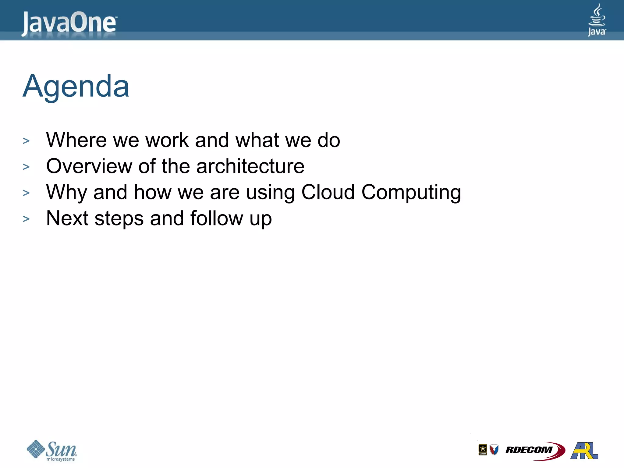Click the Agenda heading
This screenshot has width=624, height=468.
(x=76, y=87)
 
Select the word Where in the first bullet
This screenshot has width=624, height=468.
(x=76, y=140)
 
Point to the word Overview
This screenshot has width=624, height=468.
(x=89, y=166)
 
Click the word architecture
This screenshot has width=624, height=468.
(x=250, y=166)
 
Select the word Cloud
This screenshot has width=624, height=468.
(x=328, y=193)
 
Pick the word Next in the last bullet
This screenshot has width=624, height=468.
(x=67, y=218)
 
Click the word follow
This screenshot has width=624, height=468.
(x=217, y=218)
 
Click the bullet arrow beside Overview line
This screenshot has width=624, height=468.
(x=26, y=167)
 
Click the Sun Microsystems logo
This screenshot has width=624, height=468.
(x=52, y=450)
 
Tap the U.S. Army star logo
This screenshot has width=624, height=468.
(x=483, y=449)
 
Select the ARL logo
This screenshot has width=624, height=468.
(x=584, y=450)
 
